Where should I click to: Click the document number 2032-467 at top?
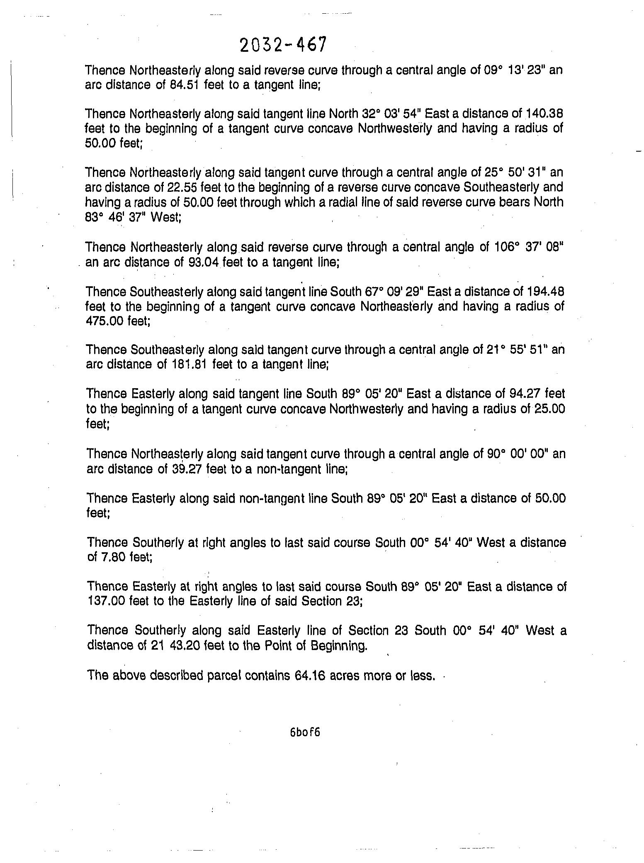[283, 45]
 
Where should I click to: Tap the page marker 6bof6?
[305, 732]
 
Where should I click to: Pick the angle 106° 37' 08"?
[529, 247]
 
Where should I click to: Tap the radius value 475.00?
[103, 321]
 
